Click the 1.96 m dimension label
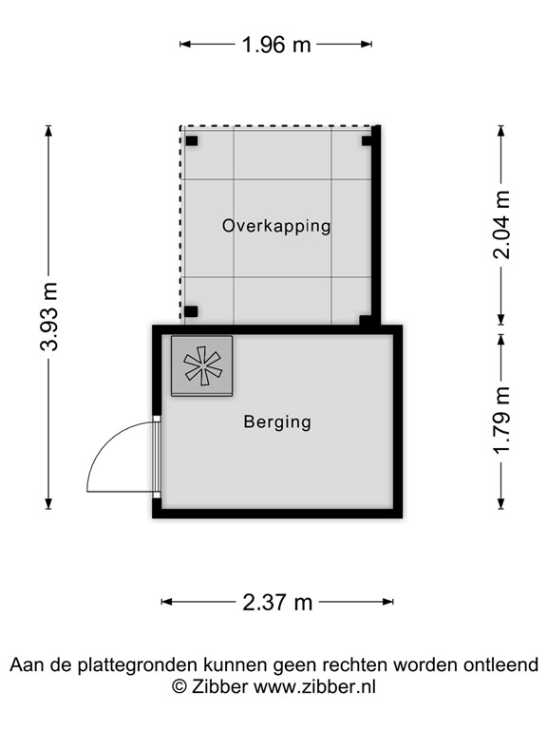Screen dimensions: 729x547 point(276,45)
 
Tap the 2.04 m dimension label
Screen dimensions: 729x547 point(501,224)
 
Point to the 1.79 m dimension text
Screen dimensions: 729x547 point(501,419)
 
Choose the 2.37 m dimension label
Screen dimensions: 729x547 point(277,602)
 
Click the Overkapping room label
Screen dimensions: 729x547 point(276,226)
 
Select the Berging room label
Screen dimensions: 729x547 point(277,421)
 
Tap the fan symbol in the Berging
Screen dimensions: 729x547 point(202,365)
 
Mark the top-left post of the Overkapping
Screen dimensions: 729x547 point(191,141)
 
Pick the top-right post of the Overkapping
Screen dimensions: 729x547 point(368,141)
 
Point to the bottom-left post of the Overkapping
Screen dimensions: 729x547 point(191,311)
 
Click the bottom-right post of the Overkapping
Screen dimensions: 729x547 point(366,320)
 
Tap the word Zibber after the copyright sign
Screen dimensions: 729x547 point(218,685)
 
